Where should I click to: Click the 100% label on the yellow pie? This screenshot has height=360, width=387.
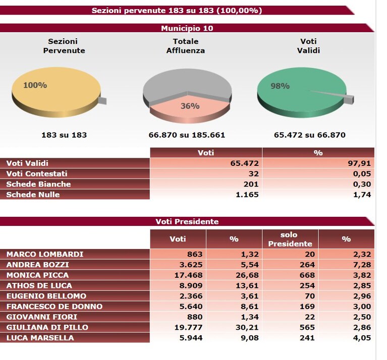[35, 85]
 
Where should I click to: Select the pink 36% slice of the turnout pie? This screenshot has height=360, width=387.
[190, 108]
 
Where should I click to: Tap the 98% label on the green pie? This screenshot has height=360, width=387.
[280, 86]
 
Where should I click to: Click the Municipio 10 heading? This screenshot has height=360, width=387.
[187, 28]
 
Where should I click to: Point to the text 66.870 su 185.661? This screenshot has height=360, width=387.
[187, 135]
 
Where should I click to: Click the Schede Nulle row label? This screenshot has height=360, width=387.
[33, 195]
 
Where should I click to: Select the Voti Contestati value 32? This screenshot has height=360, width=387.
[253, 174]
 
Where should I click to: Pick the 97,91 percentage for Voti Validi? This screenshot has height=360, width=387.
[359, 163]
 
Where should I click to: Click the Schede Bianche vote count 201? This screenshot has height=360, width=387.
[250, 184]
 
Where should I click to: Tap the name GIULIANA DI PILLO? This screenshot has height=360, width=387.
[47, 327]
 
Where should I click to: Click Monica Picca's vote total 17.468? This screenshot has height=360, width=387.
[188, 275]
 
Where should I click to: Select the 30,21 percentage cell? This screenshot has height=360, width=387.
[247, 327]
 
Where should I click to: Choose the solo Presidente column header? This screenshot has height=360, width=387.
[290, 239]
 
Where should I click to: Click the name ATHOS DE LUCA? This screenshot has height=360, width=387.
[39, 285]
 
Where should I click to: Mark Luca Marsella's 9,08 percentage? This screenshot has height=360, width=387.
[250, 338]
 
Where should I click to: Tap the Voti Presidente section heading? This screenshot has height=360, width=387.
[187, 221]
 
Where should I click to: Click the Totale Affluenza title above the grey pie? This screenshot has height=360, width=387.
[186, 46]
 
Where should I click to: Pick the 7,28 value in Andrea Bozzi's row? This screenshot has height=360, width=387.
[362, 265]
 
